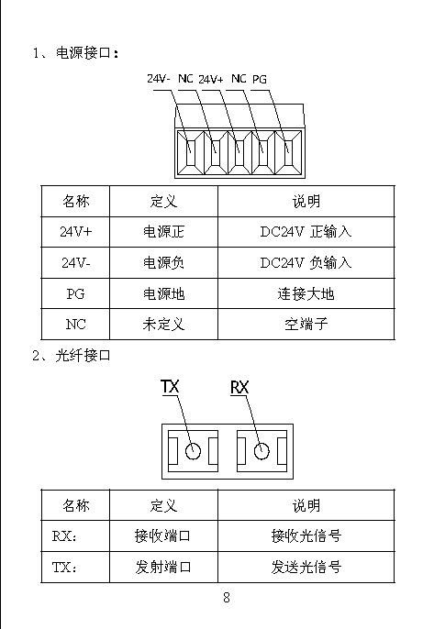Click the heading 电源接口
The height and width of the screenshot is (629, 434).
[83, 52]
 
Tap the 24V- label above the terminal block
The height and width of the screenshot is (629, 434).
[158, 78]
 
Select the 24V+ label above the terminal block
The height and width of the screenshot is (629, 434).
[211, 79]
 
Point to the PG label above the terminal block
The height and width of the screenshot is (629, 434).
[260, 80]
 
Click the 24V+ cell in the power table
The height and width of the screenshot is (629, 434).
[75, 231]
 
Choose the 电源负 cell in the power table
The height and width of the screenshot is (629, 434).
[164, 263]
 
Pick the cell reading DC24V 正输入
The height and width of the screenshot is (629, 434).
[306, 231]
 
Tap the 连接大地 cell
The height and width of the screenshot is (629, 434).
[306, 293]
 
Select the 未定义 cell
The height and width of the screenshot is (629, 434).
[164, 325]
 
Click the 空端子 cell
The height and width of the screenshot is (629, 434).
[306, 325]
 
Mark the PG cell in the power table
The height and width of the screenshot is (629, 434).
[75, 293]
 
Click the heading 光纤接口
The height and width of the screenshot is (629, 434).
[83, 356]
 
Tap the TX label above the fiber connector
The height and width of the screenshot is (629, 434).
[170, 387]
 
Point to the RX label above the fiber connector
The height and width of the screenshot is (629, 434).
[239, 388]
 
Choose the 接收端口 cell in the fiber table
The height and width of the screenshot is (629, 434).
[162, 535]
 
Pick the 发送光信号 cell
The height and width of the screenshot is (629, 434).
[306, 567]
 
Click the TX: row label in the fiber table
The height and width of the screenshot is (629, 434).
[64, 568]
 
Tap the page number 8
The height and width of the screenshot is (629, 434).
[227, 598]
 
